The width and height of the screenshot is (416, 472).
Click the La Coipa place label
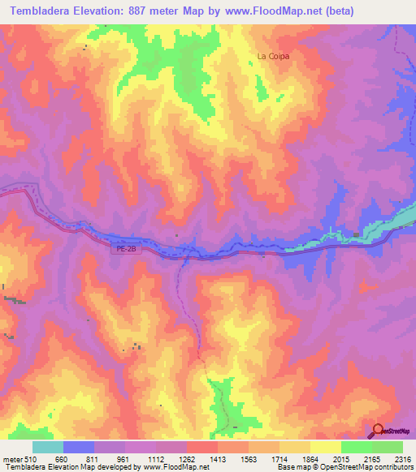(x=273, y=56)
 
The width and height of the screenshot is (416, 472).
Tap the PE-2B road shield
(x=122, y=250)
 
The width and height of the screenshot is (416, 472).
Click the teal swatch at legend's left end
(x=48, y=447)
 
